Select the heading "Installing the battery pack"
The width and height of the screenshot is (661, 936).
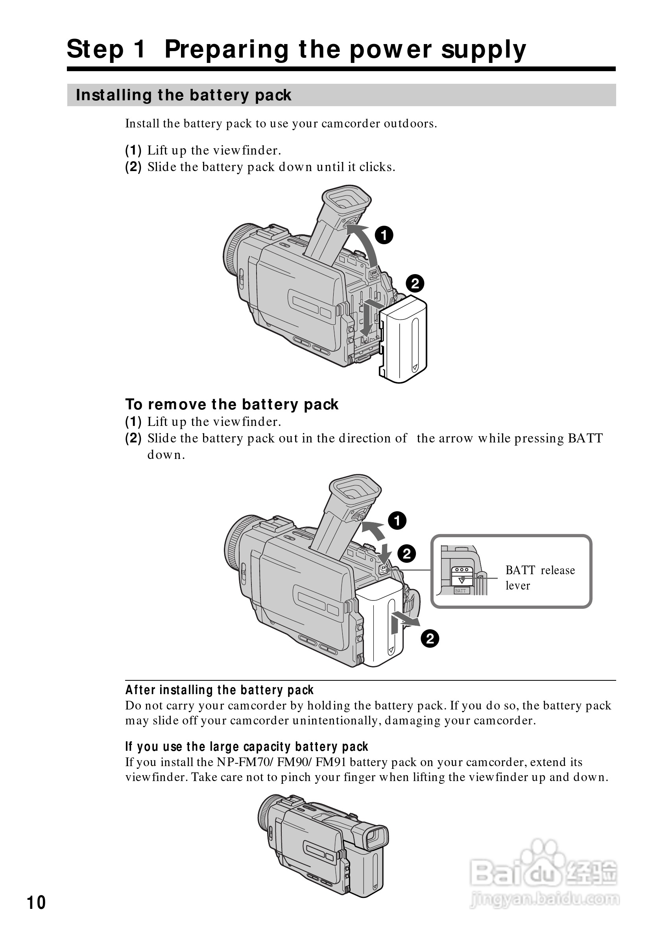tap(183, 95)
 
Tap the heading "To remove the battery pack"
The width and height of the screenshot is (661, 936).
tap(232, 404)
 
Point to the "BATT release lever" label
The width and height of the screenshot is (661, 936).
tap(540, 577)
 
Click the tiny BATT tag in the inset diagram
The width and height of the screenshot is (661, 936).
tap(460, 590)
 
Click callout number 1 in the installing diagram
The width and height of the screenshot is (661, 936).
tap(384, 235)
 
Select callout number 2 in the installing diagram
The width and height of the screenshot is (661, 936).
tap(415, 283)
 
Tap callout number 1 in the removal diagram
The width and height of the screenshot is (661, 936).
tap(397, 521)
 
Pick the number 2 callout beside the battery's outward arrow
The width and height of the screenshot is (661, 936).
tap(430, 638)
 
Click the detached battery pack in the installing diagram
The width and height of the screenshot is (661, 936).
tap(404, 341)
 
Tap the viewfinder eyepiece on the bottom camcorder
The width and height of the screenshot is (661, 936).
tap(374, 838)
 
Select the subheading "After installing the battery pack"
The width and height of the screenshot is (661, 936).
tap(220, 690)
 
